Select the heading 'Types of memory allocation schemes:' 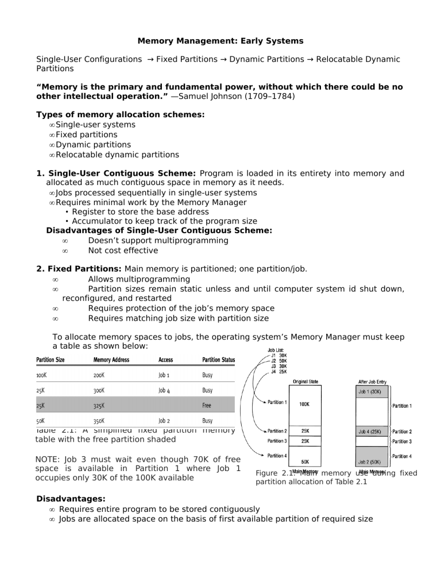(120, 115)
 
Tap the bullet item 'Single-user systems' (95, 125)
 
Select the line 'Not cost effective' (123, 250)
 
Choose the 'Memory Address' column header (111, 360)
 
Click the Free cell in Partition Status (207, 405)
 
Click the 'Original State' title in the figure (306, 380)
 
